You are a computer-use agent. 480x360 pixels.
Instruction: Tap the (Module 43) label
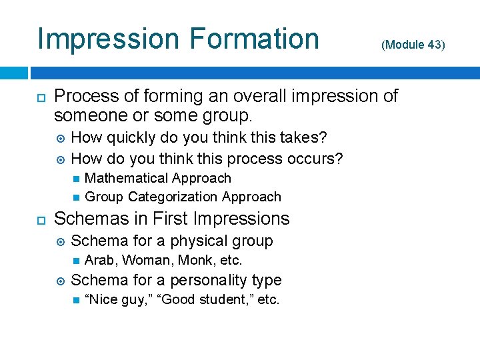(412, 45)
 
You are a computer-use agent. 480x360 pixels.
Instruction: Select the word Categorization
(173, 197)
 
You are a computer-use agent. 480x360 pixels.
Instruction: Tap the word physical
(201, 241)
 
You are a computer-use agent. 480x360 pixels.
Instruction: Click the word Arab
(101, 260)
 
